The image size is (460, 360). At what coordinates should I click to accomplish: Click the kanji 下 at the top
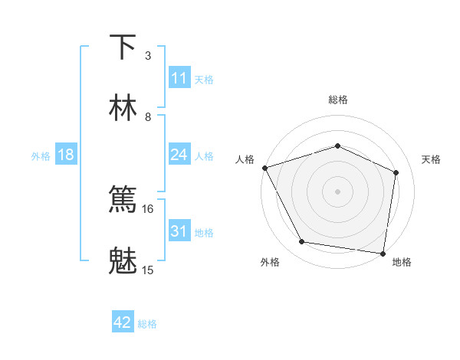123,47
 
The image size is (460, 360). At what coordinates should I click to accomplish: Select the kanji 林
123,108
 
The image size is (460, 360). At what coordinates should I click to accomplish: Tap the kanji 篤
123,199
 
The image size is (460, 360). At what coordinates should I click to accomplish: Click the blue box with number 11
179,78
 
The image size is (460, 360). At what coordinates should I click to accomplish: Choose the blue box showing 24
179,155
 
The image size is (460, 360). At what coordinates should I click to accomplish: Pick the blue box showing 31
179,231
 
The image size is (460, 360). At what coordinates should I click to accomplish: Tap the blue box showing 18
66,155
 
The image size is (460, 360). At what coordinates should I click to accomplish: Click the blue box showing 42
123,322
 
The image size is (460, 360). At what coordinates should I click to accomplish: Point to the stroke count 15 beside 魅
148,270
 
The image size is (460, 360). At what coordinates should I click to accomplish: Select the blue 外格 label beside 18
41,155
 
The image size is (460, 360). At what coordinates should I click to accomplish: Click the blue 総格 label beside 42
147,323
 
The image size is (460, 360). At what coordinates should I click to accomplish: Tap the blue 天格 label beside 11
204,79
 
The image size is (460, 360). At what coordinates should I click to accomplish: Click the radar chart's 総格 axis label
338,100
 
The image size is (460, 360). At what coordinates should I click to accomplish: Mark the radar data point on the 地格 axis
383,253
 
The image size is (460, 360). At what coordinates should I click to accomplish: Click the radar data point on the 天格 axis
396,172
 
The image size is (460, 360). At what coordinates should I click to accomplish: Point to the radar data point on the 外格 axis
302,242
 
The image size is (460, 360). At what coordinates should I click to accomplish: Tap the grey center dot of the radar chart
338,191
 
